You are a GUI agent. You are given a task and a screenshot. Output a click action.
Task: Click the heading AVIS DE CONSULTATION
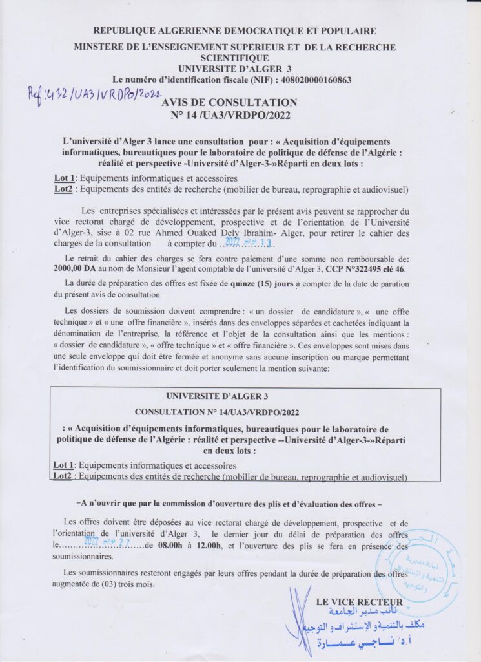coord(230,102)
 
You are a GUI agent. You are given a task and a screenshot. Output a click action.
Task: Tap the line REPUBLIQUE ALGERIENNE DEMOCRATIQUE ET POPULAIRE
coord(235,31)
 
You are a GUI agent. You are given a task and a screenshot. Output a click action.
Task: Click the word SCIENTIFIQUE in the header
coord(235,58)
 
